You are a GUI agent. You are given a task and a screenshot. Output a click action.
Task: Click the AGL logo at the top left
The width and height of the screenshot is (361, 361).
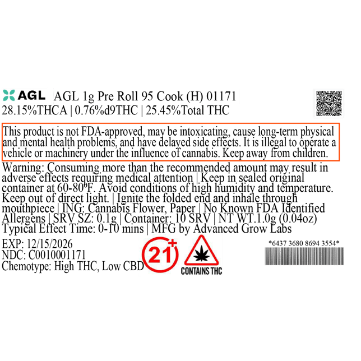point(25,94)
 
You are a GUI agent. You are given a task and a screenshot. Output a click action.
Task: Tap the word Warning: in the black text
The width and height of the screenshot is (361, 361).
point(24,168)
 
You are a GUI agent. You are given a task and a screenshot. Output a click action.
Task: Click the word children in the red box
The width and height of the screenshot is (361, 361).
point(309,152)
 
